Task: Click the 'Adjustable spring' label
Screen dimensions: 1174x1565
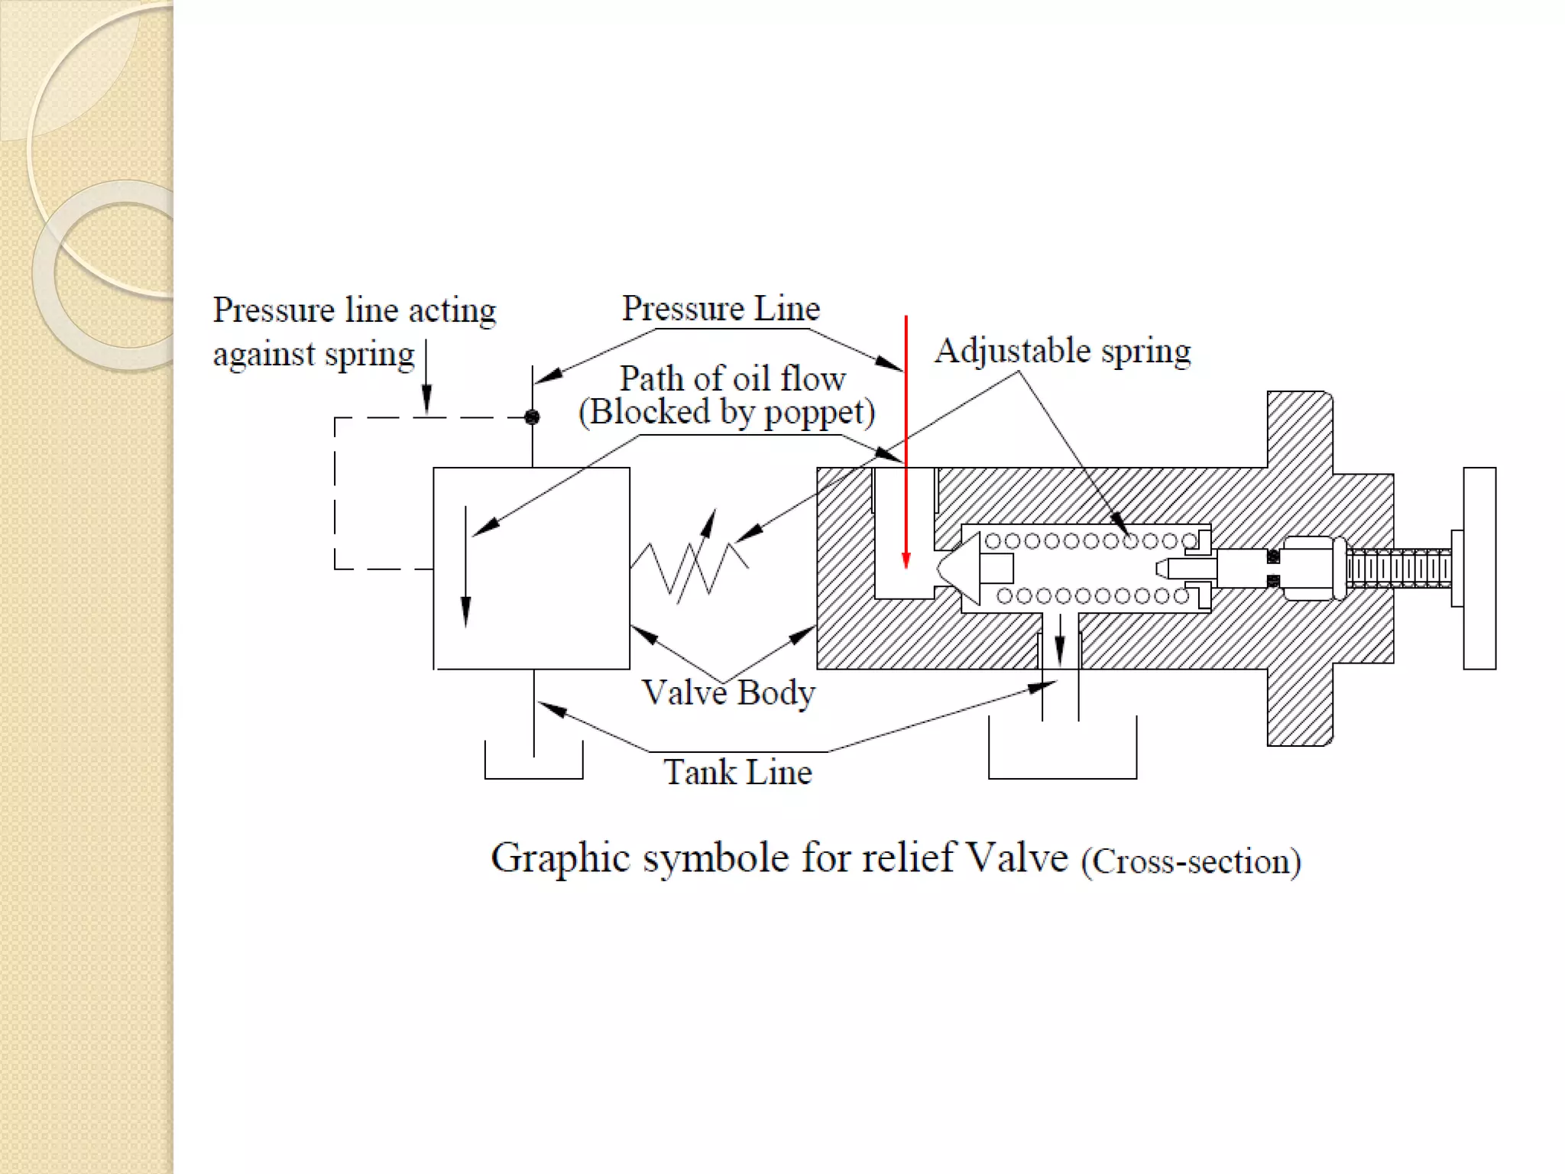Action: [x=1062, y=352]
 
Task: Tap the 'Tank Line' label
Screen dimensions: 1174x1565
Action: [x=737, y=772]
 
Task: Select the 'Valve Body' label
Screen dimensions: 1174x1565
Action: [x=728, y=693]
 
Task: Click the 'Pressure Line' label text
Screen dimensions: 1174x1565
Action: [x=721, y=309]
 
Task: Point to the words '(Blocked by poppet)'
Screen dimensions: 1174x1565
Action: [x=727, y=413]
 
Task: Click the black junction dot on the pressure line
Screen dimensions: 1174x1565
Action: [x=532, y=417]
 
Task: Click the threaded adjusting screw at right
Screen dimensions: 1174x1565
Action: [x=1398, y=569]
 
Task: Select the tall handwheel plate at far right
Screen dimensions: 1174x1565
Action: [x=1479, y=569]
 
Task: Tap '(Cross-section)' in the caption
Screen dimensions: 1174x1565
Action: [x=1191, y=861]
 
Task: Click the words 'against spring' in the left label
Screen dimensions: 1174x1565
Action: [x=313, y=355]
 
